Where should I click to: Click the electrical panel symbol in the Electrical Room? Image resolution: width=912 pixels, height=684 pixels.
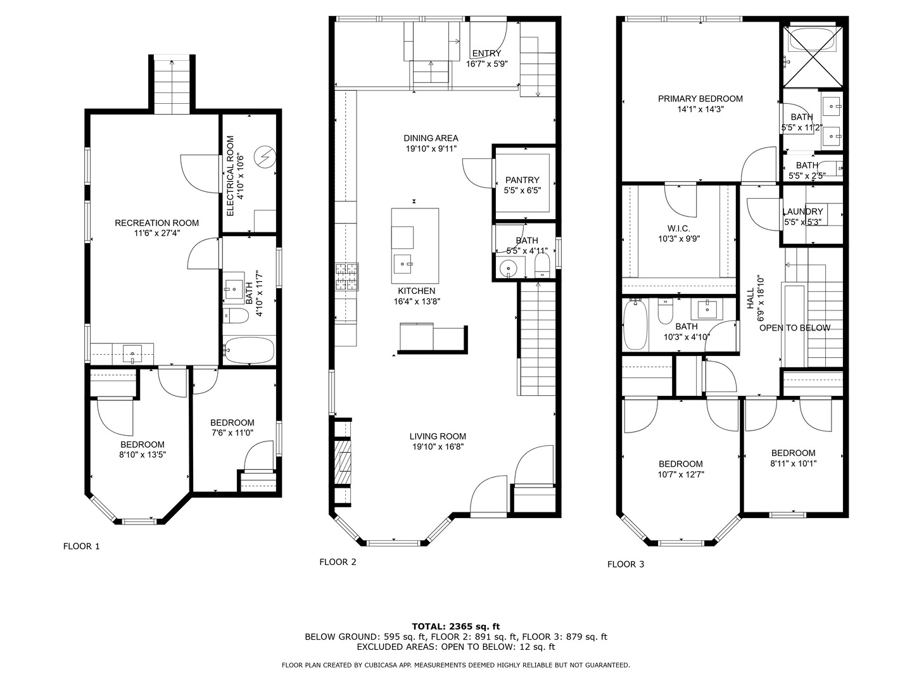tap(265, 156)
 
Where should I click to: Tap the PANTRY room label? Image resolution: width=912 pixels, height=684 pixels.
tap(522, 180)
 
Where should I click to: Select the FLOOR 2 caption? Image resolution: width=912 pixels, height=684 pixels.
tap(338, 562)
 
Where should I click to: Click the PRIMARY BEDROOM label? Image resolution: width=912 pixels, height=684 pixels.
tap(700, 99)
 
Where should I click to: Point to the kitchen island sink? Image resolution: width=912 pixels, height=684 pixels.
tap(403, 264)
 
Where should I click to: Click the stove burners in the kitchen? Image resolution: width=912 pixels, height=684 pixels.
tap(347, 277)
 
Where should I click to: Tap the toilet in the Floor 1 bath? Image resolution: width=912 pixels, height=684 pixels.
tap(236, 315)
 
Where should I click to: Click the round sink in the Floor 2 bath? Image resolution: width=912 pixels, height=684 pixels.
tap(507, 268)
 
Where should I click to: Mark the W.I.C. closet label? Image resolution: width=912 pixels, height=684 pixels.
tap(679, 229)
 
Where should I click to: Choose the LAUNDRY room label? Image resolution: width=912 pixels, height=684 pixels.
tap(802, 212)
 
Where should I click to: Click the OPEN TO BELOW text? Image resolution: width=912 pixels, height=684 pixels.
tap(795, 328)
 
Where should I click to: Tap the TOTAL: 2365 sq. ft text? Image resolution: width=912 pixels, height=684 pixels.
tap(456, 626)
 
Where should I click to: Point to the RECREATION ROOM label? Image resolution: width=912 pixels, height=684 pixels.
tap(156, 223)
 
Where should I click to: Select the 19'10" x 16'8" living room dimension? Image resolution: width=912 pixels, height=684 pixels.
tap(438, 447)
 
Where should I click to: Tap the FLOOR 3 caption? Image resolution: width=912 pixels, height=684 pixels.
tap(626, 564)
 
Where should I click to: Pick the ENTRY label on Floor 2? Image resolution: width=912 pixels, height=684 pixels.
tap(486, 53)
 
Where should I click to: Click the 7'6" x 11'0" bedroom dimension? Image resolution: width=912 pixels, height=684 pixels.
tap(232, 433)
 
